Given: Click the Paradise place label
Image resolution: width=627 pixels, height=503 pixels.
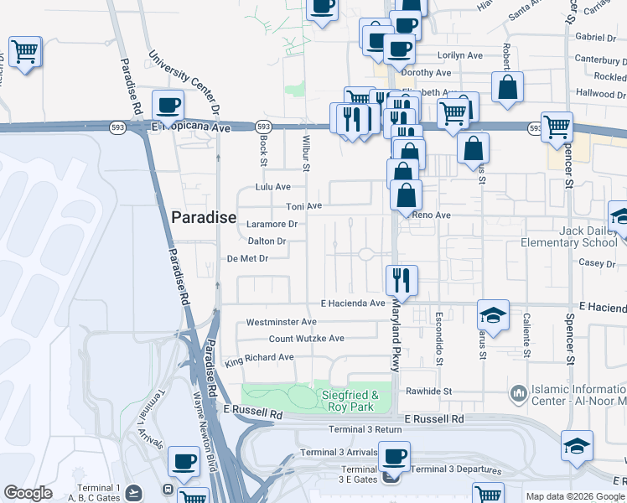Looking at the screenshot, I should tap(204, 217).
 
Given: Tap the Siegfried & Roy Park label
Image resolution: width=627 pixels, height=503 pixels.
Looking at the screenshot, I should tap(351, 401).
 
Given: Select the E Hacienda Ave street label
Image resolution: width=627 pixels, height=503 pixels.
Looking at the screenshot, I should tap(353, 303).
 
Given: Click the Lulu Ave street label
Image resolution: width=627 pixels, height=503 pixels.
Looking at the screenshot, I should tap(272, 187).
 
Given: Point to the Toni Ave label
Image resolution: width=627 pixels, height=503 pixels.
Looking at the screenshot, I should tap(304, 206).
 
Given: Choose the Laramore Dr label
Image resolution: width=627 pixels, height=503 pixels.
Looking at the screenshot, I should tap(272, 225).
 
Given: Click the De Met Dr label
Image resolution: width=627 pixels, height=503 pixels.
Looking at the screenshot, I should tap(247, 259).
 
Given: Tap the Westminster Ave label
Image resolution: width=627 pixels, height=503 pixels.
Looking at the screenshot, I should tap(281, 322).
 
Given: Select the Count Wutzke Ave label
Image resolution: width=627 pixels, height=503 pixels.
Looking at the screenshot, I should tap(306, 339).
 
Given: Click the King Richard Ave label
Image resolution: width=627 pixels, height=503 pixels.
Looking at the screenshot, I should tap(259, 357).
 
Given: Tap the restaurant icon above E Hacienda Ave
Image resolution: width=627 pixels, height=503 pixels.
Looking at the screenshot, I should tap(402, 279).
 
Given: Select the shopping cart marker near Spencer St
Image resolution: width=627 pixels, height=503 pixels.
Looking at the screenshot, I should tap(557, 128).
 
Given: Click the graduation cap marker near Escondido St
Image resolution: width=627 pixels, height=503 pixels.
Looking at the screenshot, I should tap(494, 315).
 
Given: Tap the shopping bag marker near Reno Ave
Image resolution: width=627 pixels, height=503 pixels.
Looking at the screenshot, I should tap(406, 197).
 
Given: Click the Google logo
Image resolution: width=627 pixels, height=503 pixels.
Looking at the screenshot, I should tap(28, 494).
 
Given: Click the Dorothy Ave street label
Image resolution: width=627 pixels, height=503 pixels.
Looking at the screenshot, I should tap(432, 74).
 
